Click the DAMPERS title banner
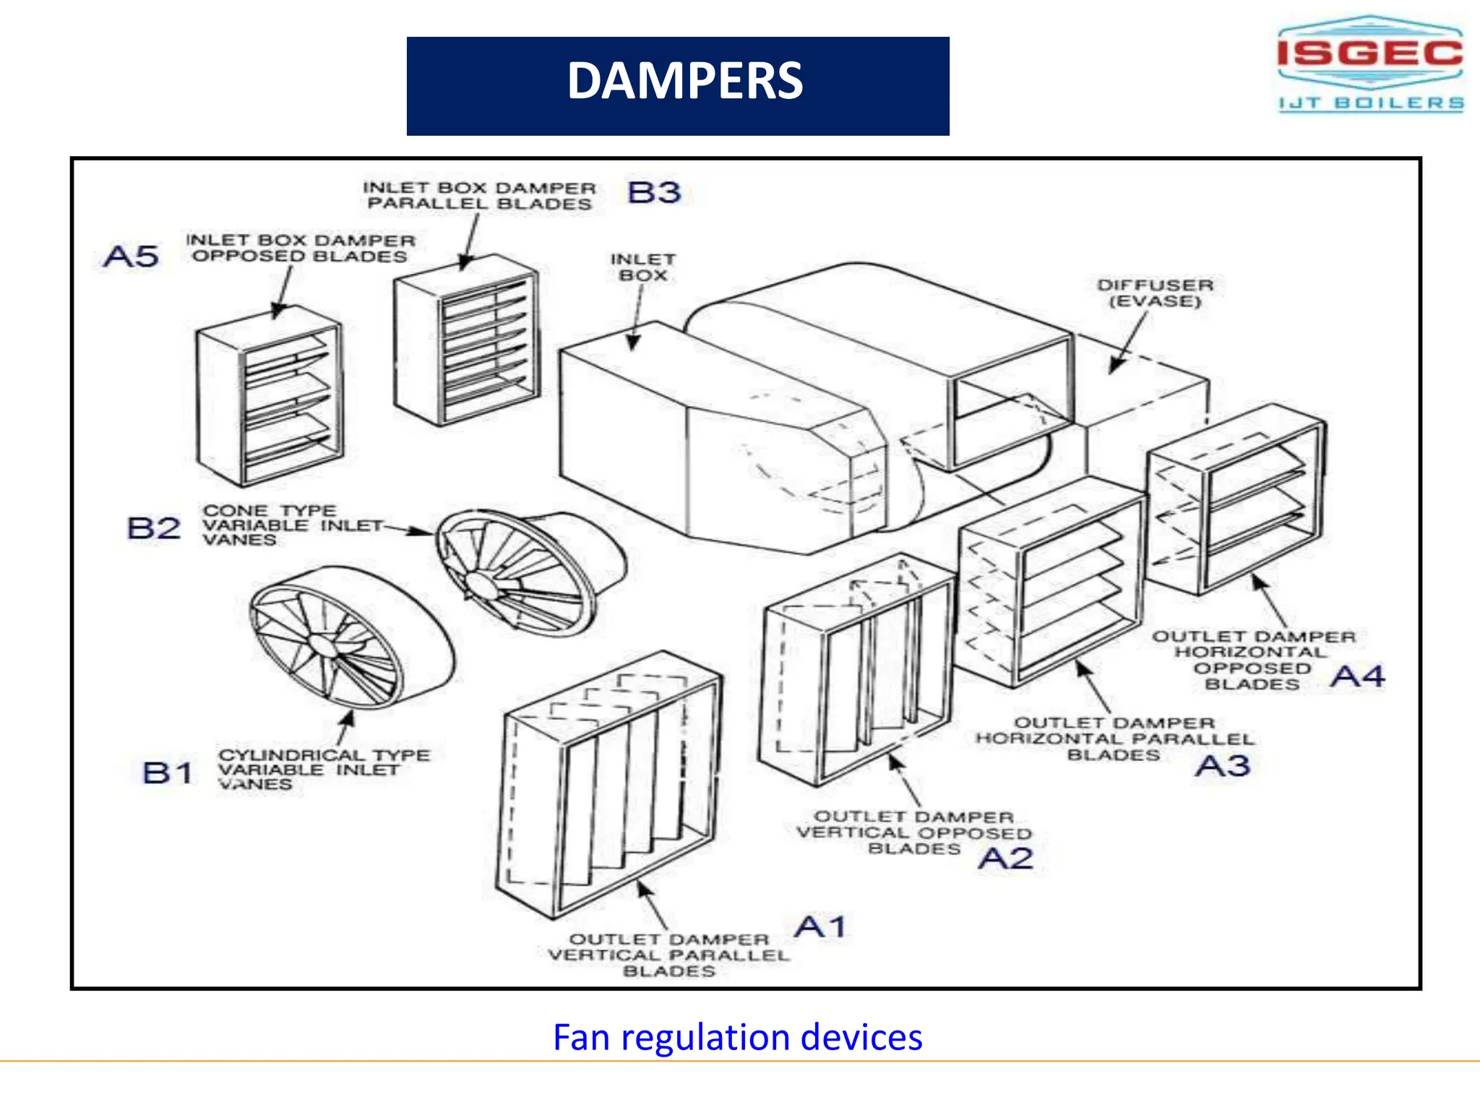678,85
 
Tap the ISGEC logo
1370,54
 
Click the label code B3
654,192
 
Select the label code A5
131,256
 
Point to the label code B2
153,528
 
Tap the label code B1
168,773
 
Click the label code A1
820,926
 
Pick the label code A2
1005,859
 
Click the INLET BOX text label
642,267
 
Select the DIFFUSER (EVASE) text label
1155,293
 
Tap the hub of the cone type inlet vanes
479,582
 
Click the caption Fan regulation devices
737,1037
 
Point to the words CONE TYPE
269,510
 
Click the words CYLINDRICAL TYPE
324,754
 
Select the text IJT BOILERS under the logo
1371,103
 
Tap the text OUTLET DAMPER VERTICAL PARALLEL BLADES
668,955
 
